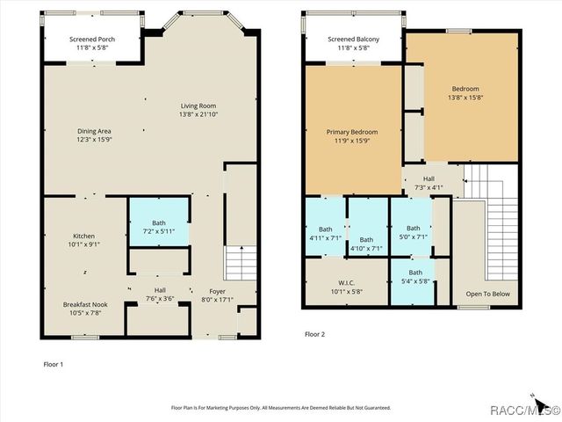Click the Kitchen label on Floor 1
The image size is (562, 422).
[84, 236]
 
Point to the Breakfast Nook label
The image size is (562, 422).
[86, 303]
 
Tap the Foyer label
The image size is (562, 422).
[217, 291]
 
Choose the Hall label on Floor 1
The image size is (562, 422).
[160, 291]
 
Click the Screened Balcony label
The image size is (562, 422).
[352, 40]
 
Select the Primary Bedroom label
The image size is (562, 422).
[351, 133]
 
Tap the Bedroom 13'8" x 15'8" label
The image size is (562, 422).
[465, 89]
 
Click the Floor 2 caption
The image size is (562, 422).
[314, 334]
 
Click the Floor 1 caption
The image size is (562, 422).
[54, 362]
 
